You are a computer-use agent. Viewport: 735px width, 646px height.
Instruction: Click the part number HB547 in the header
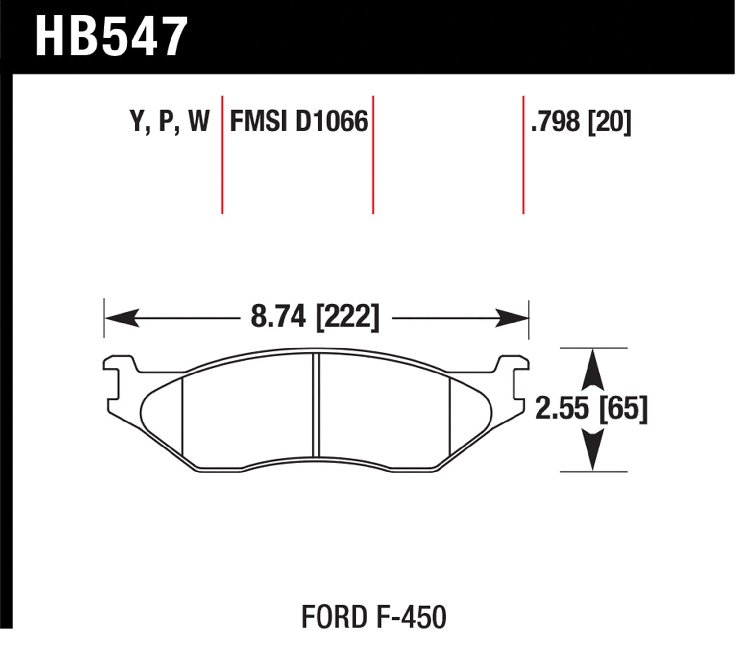111,37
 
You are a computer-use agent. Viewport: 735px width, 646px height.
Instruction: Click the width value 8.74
278,317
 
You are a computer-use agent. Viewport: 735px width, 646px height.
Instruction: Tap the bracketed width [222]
347,318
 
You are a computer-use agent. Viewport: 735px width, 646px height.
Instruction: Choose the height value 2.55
562,408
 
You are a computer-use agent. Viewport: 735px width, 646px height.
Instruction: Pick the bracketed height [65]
623,408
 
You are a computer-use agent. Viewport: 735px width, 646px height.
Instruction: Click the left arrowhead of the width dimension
120,318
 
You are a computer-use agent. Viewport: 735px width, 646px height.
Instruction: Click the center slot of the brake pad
316,405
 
